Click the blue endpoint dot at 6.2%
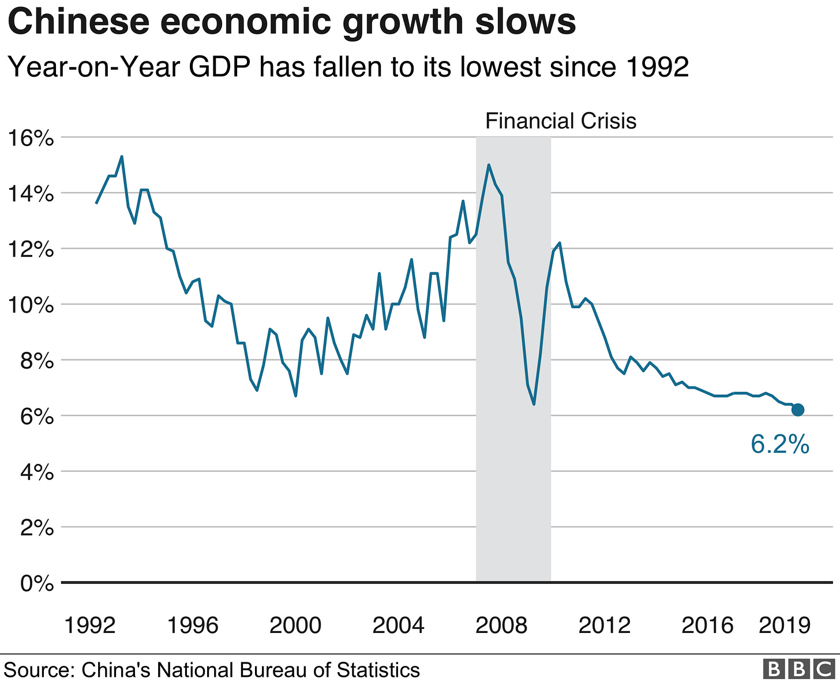point(798,410)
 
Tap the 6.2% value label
point(780,445)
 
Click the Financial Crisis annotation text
point(561,121)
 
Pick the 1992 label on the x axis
point(90,625)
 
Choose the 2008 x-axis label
point(501,625)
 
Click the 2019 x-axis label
point(785,625)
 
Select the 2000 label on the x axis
point(295,625)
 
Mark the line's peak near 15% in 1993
point(122,156)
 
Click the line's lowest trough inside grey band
point(534,404)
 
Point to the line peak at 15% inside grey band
point(489,165)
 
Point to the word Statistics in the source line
point(378,670)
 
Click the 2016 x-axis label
point(707,625)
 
